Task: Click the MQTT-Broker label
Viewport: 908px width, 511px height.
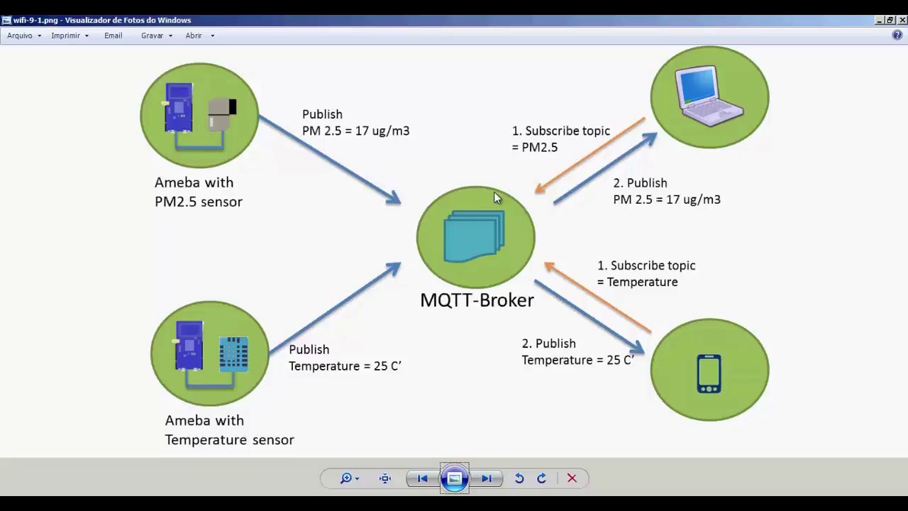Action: click(x=477, y=300)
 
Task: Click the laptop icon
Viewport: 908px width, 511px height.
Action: click(x=710, y=96)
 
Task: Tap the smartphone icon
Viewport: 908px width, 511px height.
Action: click(x=709, y=373)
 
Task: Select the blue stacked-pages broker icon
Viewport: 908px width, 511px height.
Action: click(x=474, y=236)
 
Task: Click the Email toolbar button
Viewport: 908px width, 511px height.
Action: click(x=113, y=35)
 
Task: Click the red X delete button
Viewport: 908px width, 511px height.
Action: click(x=572, y=478)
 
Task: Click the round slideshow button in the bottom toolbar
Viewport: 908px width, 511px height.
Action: click(x=455, y=478)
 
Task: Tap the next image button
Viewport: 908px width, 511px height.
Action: click(x=487, y=478)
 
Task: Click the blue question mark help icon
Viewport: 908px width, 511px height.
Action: click(x=897, y=35)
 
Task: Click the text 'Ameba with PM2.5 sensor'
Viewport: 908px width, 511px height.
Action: click(x=198, y=192)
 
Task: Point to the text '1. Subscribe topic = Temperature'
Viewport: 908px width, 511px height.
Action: click(x=646, y=273)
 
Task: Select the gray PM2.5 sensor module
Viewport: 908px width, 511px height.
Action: click(x=221, y=114)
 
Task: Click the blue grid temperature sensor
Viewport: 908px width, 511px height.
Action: click(x=233, y=353)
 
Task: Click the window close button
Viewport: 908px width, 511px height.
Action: click(x=902, y=21)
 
